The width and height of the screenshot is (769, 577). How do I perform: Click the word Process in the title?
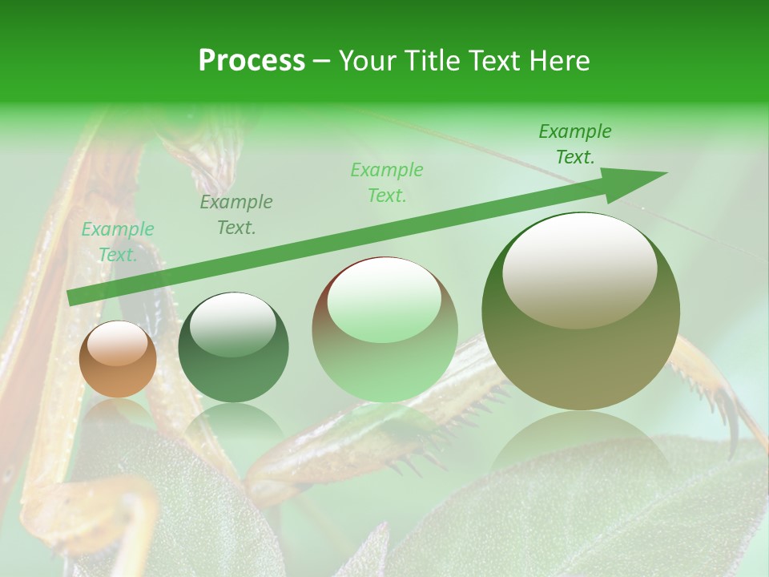point(252,61)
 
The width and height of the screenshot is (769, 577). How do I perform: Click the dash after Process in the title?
point(322,63)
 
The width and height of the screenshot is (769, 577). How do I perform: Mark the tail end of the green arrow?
point(72,297)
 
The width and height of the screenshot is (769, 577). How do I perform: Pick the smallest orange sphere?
point(118,360)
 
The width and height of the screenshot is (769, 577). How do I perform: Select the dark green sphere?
point(233,348)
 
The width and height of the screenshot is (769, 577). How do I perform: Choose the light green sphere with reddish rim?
point(384,330)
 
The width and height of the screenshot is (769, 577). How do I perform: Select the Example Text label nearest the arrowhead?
point(574,144)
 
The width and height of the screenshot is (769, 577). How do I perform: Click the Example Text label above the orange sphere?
point(118,241)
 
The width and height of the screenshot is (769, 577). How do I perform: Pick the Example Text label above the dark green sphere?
point(236,215)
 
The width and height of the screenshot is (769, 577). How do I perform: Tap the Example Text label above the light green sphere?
point(387,182)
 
